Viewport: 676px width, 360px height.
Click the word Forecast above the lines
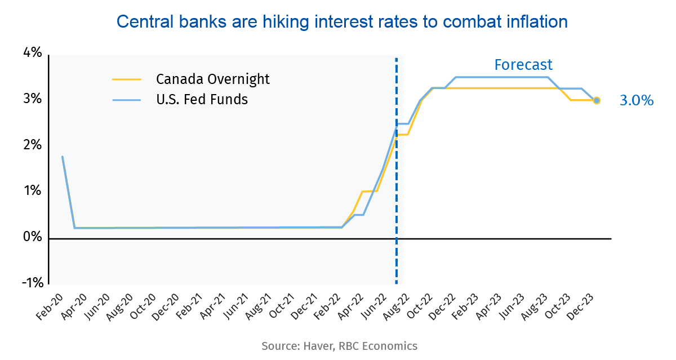[x=523, y=65]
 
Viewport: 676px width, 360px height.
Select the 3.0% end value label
[x=637, y=101]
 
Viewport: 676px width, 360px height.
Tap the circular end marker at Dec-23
[x=597, y=100]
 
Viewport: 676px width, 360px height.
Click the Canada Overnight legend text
[x=213, y=79]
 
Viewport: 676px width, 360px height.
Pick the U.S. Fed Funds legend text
[x=202, y=100]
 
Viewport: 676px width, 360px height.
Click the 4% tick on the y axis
[x=32, y=54]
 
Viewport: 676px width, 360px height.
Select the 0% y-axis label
[x=32, y=238]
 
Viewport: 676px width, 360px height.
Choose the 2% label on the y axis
[x=32, y=145]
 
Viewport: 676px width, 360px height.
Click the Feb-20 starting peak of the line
[x=62, y=157]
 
